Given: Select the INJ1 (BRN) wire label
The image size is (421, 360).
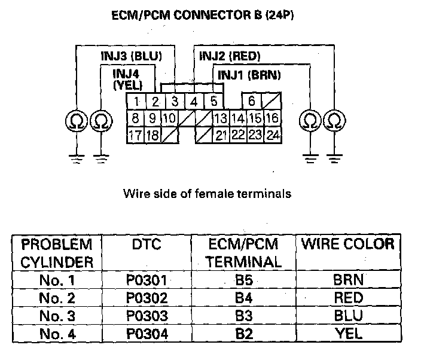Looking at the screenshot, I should [249, 75].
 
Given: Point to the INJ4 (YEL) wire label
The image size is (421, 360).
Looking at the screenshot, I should [127, 79].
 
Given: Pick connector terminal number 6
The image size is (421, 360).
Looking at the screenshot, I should [252, 100].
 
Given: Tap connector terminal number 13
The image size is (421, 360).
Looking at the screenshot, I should [221, 118].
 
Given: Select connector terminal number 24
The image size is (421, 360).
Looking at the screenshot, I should [273, 135].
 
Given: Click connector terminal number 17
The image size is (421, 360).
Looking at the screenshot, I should [136, 135].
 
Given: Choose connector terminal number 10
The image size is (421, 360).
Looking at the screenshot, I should [169, 118].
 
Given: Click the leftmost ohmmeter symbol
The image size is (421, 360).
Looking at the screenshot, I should [76, 121].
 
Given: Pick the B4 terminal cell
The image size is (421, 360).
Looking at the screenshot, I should [243, 297].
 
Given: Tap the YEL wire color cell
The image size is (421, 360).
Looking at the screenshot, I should [348, 332].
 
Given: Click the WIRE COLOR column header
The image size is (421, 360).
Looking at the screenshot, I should [348, 244].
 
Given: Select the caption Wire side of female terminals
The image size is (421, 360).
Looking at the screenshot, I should [207, 193].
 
